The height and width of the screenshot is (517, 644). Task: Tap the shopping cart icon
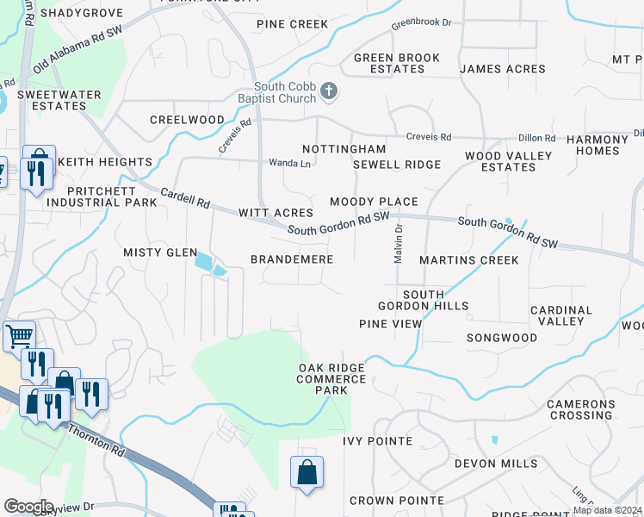pos(19,334)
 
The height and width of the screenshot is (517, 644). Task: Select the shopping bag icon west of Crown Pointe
pos(307,472)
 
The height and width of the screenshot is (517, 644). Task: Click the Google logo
pos(28,506)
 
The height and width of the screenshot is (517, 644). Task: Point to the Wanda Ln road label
pos(289,163)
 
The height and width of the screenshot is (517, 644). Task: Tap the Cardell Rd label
pos(185,198)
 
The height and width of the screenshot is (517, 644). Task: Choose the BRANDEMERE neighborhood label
pos(285,259)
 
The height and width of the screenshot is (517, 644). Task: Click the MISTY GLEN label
pos(161,252)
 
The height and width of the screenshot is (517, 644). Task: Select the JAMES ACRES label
pos(502,69)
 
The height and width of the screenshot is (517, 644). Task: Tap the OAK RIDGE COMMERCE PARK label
pos(331,379)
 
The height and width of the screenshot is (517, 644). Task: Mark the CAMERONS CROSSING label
pos(581,409)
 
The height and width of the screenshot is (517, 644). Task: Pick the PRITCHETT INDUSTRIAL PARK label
pos(102,196)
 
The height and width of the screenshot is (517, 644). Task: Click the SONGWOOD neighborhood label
pos(501,338)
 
